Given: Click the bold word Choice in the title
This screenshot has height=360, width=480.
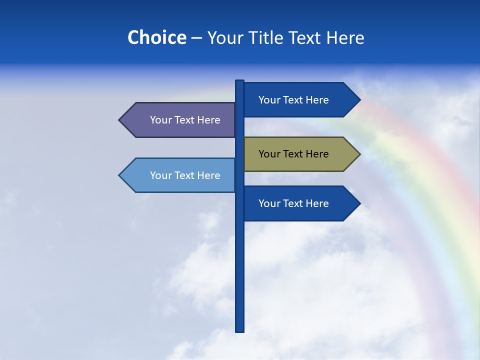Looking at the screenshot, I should point(156,37).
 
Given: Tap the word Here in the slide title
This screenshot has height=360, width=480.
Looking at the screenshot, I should point(345,37).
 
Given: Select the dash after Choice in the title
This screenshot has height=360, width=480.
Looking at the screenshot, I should point(196,38).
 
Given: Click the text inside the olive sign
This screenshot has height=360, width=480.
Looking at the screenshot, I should point(293,154).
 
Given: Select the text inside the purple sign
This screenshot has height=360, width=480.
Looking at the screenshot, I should point(185,120).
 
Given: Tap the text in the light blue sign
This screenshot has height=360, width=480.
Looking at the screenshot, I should point(185,175).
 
